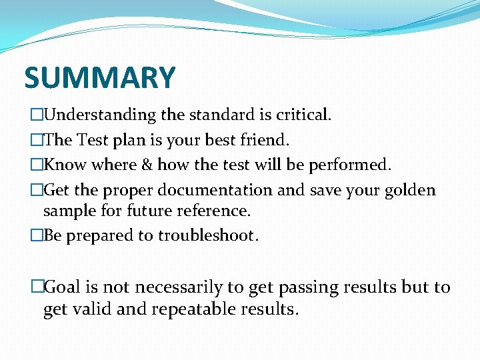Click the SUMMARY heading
(x=99, y=78)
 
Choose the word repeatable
(x=199, y=309)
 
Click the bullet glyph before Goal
(x=37, y=287)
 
